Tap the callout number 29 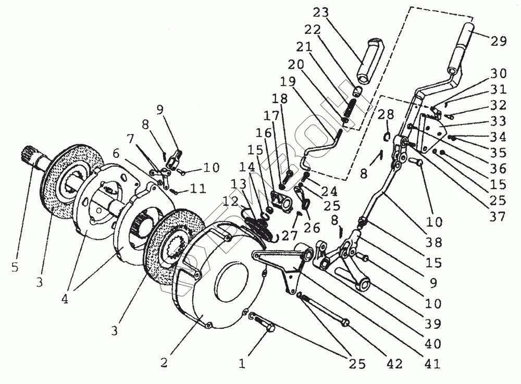(499, 42)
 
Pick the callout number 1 (241, 363)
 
